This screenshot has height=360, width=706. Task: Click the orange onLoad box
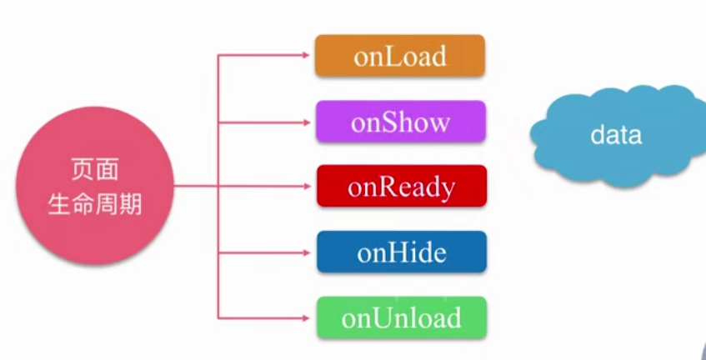(x=400, y=55)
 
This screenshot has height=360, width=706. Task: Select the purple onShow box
(x=401, y=122)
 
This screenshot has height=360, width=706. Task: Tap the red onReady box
(x=402, y=186)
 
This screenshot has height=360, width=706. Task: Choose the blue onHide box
(x=402, y=252)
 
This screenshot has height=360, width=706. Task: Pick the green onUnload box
(x=402, y=317)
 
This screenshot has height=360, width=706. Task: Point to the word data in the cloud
(x=616, y=135)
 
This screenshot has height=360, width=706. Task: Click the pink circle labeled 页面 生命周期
(x=95, y=185)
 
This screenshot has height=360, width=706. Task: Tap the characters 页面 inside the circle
(x=95, y=171)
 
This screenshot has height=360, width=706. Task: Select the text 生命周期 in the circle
(x=95, y=204)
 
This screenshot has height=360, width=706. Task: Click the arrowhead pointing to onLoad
(x=306, y=55)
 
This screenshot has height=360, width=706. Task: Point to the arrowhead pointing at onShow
(x=307, y=122)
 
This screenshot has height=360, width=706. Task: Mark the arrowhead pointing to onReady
(x=307, y=186)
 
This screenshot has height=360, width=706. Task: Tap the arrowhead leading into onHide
(x=307, y=252)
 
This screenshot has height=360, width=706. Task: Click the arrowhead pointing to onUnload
(x=306, y=318)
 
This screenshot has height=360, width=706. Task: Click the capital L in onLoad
(x=387, y=57)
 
